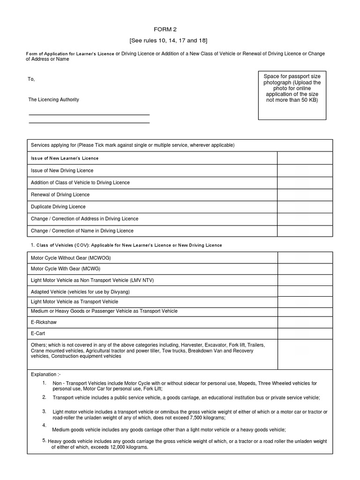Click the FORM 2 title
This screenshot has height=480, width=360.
[x=180, y=29]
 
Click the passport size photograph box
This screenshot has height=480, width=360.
[x=292, y=95]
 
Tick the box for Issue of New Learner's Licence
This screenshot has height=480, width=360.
[x=305, y=158]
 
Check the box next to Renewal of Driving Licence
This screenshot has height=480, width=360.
[x=305, y=195]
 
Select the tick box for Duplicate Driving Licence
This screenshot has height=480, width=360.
[x=305, y=207]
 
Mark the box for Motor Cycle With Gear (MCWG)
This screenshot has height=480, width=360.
[x=305, y=269]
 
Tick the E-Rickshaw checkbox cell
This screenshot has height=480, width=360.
[x=305, y=322]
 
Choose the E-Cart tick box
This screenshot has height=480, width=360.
[x=305, y=334]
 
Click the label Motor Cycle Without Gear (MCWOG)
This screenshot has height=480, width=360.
[x=71, y=258]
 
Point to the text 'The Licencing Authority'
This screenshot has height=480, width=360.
[x=53, y=100]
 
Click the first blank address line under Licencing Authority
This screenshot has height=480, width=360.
[x=89, y=114]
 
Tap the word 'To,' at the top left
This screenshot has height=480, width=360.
[x=31, y=79]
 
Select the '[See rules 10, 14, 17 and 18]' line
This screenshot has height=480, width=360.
[x=180, y=41]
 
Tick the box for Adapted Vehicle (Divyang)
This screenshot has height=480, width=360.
[x=305, y=292]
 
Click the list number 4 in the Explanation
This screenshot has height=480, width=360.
[x=44, y=425]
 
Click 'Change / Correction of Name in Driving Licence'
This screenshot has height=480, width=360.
[x=82, y=231]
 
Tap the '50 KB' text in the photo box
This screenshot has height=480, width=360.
[x=309, y=100]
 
